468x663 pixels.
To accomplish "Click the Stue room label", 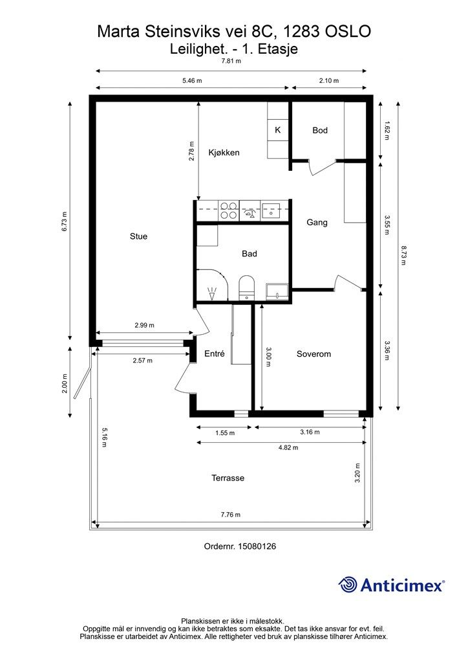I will [x=138, y=236].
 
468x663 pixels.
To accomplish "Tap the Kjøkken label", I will [x=224, y=153].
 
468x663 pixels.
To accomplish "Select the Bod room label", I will [x=320, y=130].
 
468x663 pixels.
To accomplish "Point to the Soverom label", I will [x=314, y=354].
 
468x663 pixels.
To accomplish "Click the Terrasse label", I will [x=228, y=478].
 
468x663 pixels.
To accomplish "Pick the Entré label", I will [x=214, y=354].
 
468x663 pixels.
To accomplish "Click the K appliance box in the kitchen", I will [x=278, y=130].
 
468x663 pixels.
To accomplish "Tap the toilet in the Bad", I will [x=247, y=287].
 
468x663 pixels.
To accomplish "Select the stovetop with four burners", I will [x=228, y=210].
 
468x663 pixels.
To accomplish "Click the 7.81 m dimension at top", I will [x=231, y=62].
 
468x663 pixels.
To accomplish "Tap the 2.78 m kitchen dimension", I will [x=191, y=150].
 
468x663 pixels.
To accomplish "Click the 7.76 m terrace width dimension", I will [x=230, y=515].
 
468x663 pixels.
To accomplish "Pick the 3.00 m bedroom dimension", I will [x=270, y=357].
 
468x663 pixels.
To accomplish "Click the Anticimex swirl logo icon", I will [x=348, y=585].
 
